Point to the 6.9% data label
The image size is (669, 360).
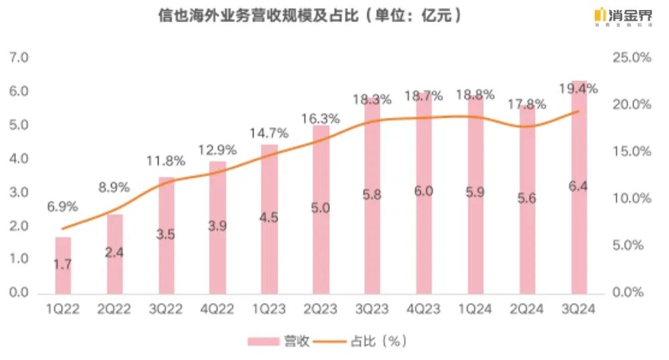[63, 207]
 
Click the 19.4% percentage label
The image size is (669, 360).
[579, 88]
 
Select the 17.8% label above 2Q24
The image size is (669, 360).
[527, 104]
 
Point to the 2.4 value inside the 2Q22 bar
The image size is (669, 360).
[114, 253]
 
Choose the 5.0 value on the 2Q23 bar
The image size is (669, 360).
[320, 208]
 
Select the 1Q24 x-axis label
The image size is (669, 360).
[475, 308]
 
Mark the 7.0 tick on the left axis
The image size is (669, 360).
[19, 58]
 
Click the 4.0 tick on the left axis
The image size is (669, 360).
[19, 159]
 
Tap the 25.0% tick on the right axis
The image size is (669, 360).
[632, 58]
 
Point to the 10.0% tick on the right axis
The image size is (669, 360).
[632, 199]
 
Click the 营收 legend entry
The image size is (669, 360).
[278, 341]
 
